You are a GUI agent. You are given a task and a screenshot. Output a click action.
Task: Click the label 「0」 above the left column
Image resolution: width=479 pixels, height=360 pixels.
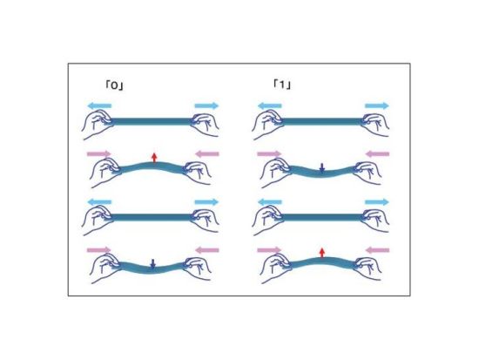pos(114,85)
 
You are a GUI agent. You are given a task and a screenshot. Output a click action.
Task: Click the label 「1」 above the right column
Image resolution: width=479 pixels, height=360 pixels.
pos(282,85)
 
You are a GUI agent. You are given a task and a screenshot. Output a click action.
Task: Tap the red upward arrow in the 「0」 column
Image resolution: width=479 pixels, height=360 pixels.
pos(154,157)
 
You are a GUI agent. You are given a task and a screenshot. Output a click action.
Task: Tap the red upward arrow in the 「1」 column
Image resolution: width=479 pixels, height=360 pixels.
pos(321,253)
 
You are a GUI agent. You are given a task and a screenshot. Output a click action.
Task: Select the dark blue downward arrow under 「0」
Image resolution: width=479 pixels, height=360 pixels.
pos(153,264)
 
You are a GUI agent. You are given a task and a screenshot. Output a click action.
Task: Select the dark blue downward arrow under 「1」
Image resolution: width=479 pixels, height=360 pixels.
pos(321,168)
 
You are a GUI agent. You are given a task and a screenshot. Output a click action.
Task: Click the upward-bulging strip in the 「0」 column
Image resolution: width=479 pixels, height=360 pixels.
pos(152,166)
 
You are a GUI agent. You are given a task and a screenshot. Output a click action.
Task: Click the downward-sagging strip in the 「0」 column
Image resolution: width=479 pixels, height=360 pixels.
pos(152,268)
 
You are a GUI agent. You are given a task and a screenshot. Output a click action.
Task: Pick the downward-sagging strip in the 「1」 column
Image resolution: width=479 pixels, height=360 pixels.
pos(322,173)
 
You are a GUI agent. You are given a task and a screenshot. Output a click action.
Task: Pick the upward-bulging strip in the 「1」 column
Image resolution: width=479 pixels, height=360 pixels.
pos(322,262)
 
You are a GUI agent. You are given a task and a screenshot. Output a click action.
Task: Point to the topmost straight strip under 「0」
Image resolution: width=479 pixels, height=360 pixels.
pos(152,121)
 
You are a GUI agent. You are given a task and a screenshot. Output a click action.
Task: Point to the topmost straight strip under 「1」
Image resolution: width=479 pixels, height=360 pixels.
pos(322,121)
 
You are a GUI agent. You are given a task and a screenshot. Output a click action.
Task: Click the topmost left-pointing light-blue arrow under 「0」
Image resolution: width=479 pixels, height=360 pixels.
pos(99,106)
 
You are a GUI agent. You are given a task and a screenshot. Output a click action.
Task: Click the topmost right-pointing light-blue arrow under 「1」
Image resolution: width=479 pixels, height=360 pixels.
pos(377,106)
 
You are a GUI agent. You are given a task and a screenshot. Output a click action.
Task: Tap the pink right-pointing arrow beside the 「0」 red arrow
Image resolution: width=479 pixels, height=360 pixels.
pos(99,153)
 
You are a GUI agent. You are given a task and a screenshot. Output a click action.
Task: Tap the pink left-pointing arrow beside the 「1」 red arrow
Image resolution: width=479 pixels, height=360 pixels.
pos(377,250)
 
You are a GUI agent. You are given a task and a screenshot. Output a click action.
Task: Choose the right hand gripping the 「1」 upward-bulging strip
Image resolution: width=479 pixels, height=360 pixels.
pos(368,267)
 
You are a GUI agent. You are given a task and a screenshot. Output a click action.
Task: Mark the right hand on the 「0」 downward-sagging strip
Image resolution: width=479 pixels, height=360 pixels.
pos(197,267)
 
